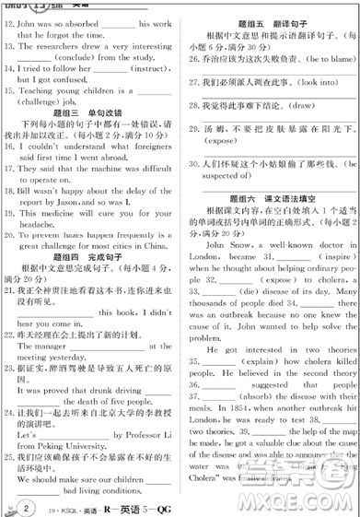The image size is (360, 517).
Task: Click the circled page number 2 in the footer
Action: [x=28, y=505]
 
